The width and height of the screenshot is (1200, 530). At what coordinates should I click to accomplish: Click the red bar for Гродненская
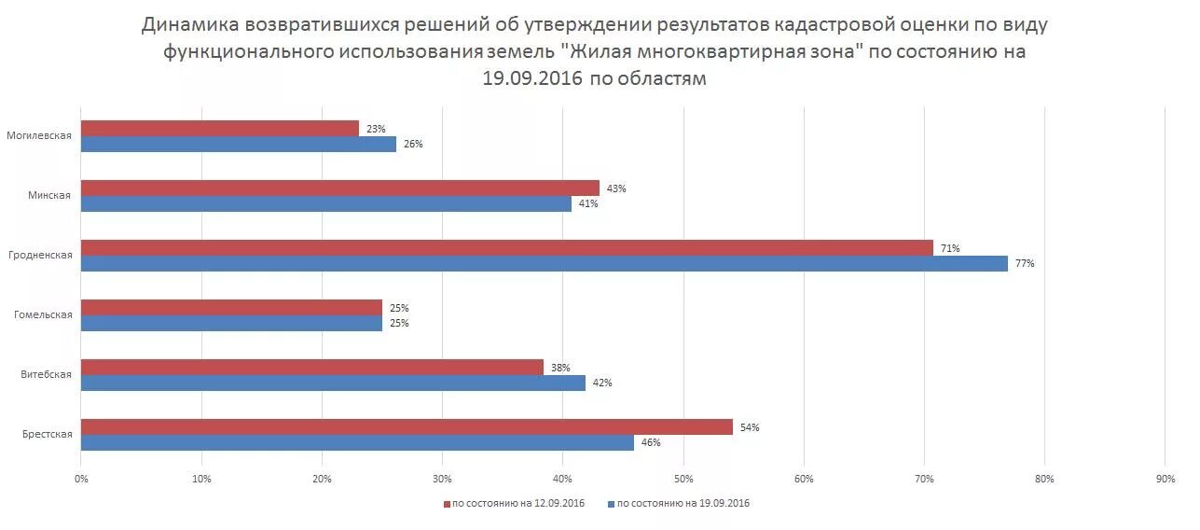506,248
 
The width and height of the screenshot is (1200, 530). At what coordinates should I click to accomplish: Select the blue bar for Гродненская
544,264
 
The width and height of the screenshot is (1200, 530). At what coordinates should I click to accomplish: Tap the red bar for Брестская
407,427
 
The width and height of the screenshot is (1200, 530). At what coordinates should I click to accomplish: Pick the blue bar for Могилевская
238,145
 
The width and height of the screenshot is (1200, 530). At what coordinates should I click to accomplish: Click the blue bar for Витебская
333,383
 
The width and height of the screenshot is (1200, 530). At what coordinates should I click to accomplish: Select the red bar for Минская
339,188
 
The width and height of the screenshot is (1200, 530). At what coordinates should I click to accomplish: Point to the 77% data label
1025,264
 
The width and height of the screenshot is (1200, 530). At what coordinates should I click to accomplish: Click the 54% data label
750,427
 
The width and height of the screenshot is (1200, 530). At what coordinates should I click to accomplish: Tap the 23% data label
376,129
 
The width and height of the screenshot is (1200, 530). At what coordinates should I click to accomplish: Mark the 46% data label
651,443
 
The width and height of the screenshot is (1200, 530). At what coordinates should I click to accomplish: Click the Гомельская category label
43,315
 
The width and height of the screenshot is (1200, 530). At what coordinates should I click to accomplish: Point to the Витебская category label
46,375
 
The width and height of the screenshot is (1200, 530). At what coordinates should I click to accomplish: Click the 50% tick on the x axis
683,479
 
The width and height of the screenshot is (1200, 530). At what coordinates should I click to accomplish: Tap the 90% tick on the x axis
1165,479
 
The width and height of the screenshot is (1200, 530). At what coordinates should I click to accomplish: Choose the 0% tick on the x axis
81,479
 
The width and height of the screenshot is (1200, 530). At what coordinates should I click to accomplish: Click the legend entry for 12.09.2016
514,504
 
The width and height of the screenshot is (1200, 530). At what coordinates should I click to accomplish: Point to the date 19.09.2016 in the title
532,79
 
